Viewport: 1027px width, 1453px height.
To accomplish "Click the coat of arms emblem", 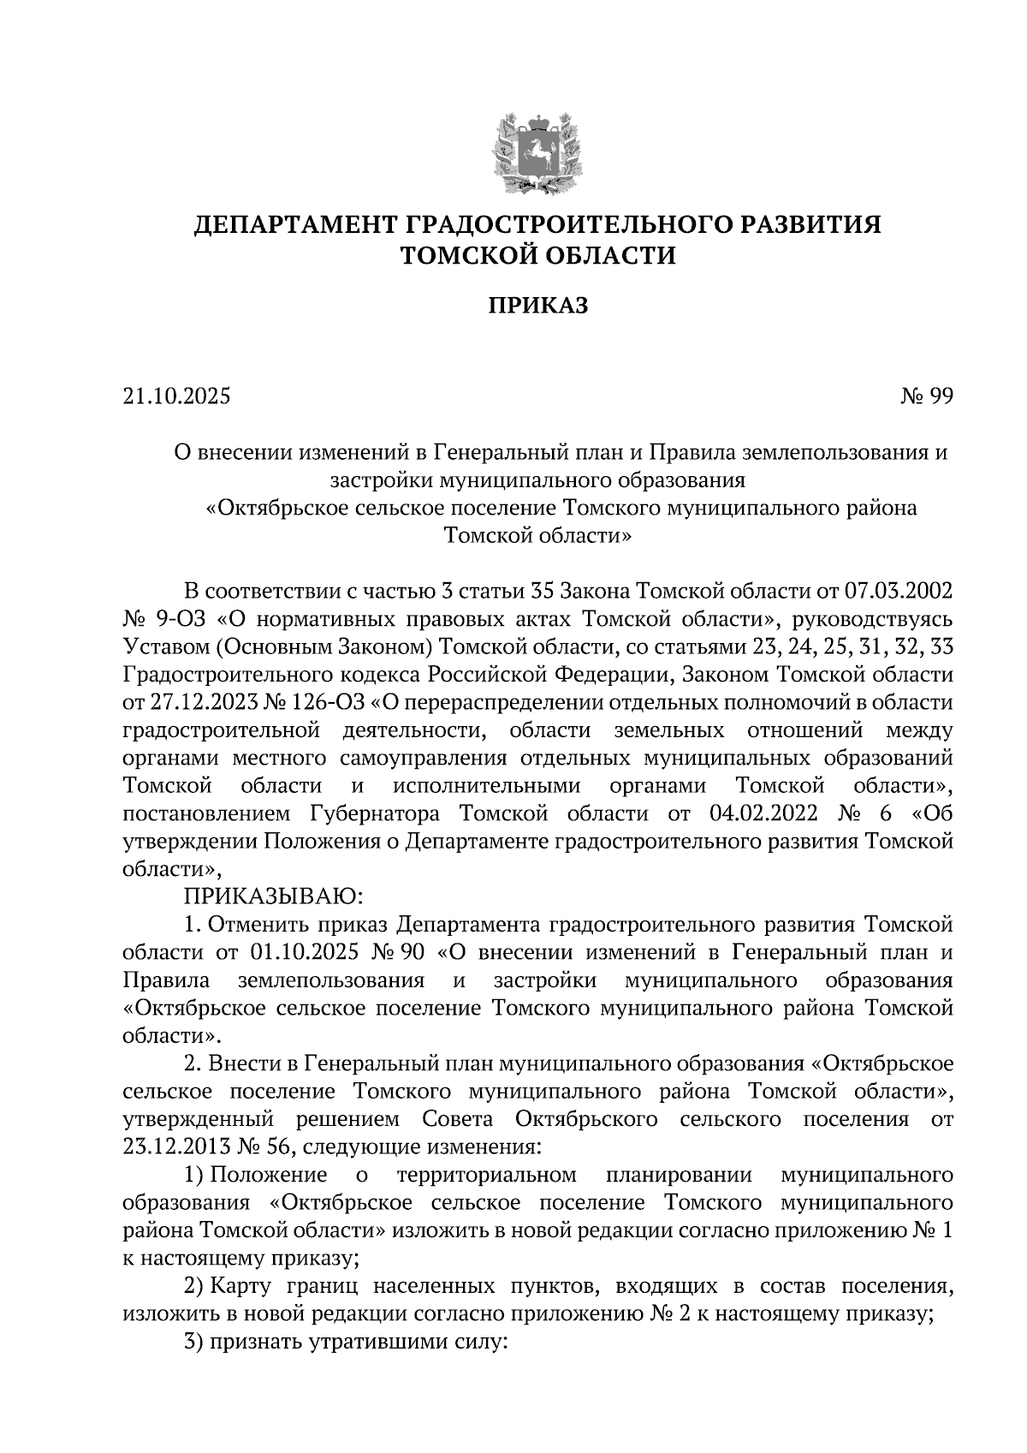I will [x=537, y=154].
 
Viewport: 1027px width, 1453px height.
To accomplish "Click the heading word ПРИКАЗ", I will [x=538, y=306].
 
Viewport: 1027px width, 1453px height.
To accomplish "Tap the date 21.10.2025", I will [x=177, y=397].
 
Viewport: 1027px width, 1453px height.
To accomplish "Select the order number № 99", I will [x=926, y=397].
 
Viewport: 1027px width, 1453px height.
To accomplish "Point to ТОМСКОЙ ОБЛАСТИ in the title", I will [x=538, y=255].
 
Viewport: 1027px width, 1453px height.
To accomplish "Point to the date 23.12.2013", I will [x=176, y=1146].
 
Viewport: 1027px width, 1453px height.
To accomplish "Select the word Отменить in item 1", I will [x=256, y=925].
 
